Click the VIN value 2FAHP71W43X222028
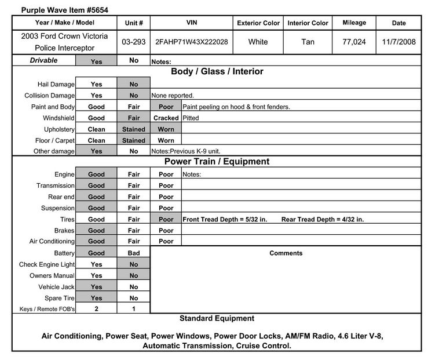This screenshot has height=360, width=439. (x=192, y=42)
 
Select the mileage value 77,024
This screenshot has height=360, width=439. (x=354, y=42)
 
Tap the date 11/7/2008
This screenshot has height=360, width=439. (x=398, y=42)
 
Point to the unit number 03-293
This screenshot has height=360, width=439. (x=134, y=42)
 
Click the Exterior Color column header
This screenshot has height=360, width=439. (x=258, y=23)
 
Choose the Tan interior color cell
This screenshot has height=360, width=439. (x=308, y=42)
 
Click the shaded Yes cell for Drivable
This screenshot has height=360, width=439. (x=96, y=60)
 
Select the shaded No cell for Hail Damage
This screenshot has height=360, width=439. (x=134, y=85)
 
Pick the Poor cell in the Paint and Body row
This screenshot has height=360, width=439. (x=166, y=107)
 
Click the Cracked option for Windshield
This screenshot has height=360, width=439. (x=166, y=118)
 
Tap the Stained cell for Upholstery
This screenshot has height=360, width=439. (x=134, y=129)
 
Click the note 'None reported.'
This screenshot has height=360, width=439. (x=173, y=96)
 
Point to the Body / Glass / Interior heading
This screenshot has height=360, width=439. (x=217, y=72)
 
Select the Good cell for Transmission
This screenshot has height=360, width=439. (x=96, y=186)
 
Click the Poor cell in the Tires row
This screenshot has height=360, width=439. (x=166, y=220)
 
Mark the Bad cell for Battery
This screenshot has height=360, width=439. (x=134, y=253)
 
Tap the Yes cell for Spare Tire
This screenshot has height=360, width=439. (x=96, y=298)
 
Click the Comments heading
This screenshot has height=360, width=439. (x=286, y=253)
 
